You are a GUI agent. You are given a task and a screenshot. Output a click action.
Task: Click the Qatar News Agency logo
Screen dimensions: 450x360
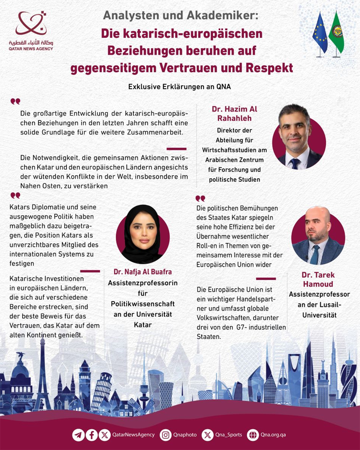coord(31,30)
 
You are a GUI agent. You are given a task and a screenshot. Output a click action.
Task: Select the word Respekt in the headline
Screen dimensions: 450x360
coord(269,68)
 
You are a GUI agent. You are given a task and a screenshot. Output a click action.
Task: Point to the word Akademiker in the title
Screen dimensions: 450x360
coord(222,15)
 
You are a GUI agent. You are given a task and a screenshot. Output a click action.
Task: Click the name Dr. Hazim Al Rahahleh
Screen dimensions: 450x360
coord(234,114)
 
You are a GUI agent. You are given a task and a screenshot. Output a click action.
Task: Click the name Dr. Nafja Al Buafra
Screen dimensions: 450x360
coord(143,272)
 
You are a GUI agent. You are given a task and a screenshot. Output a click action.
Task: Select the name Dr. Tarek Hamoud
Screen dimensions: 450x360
coord(318,279)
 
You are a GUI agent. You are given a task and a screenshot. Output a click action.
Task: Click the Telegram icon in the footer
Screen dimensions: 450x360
coord(78,435)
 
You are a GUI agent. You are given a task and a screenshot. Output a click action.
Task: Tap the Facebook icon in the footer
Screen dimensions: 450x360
coord(92,435)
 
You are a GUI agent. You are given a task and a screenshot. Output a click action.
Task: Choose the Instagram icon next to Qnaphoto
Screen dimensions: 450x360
coord(166,435)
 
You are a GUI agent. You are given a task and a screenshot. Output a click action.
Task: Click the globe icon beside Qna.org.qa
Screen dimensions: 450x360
coord(253,435)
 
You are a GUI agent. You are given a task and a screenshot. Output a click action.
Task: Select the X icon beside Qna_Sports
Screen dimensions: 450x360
coord(207,435)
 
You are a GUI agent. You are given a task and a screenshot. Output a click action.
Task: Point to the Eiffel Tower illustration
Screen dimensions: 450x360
coord(43,377)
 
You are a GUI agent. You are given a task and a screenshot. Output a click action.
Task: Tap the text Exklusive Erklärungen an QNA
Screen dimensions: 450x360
coord(179,87)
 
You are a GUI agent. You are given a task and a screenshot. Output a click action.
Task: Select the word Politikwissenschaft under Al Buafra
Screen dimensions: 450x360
coord(143,304)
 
